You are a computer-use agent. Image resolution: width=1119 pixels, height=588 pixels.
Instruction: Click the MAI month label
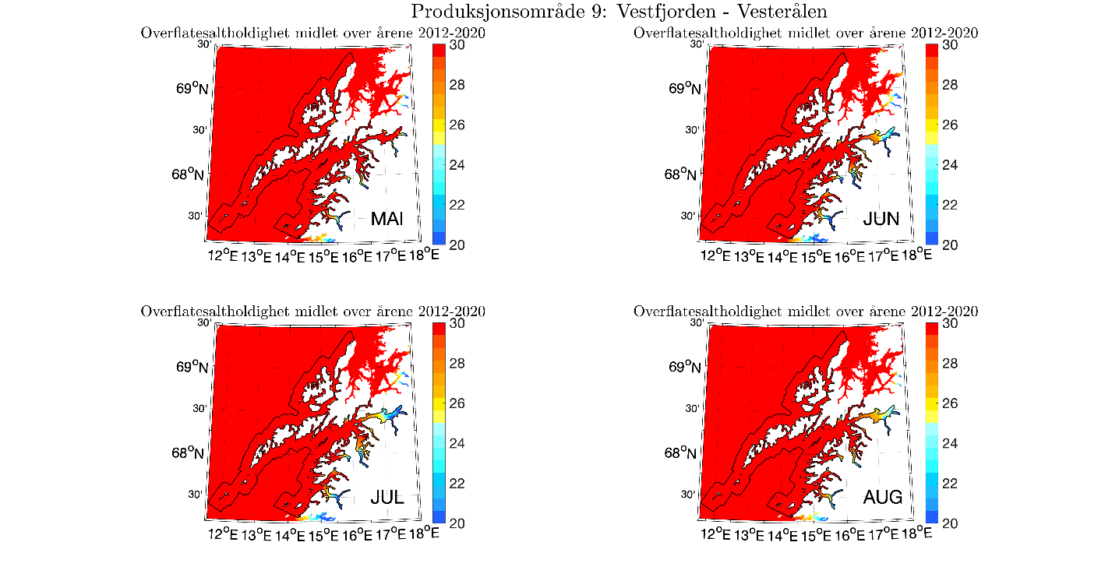click(387, 220)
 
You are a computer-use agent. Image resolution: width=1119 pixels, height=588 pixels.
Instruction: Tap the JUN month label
click(881, 220)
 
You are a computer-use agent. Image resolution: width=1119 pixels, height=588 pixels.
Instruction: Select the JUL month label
click(387, 497)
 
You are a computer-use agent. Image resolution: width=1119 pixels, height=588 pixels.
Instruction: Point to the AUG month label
click(882, 497)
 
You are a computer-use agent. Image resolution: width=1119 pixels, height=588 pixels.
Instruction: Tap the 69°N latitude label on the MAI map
click(192, 88)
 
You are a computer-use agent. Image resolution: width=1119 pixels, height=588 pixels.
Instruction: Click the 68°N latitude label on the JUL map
click(192, 452)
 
